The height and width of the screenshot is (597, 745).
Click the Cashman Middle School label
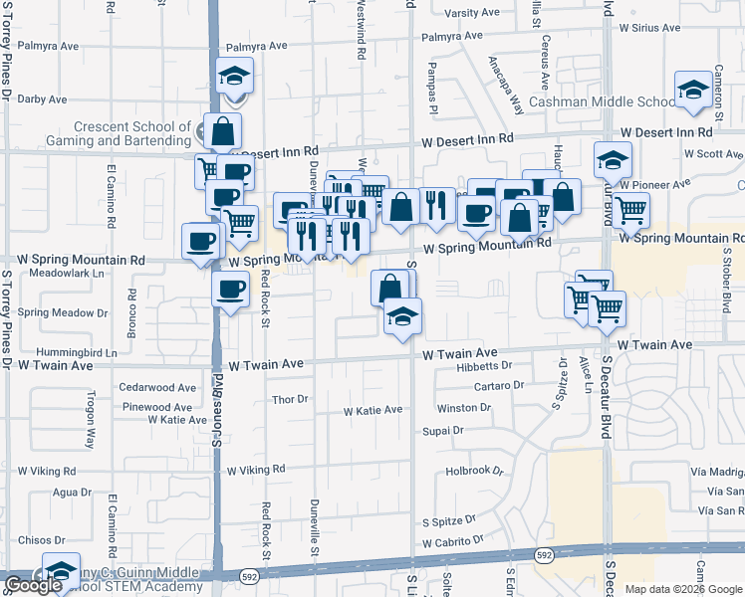pos(603,101)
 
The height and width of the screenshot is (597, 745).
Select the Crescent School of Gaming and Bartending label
pos(132,133)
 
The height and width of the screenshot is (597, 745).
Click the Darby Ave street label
pos(42,99)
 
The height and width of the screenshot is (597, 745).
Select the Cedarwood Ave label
pos(157,387)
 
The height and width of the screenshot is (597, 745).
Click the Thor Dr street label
pos(291,399)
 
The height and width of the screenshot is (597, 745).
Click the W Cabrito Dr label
pos(452,543)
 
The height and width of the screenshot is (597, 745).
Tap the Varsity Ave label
pos(471,13)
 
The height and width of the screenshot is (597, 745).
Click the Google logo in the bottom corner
pos(33,585)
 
